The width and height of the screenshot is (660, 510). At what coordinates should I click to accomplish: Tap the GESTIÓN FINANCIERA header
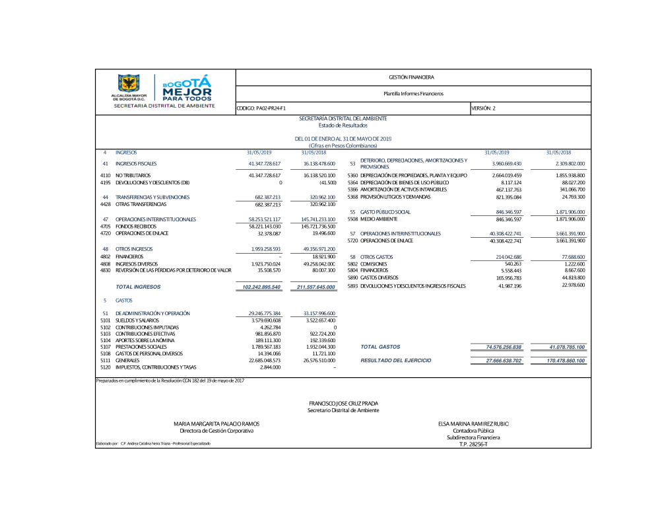tap(412, 78)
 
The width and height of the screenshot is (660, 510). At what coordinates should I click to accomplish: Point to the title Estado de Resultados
tap(343, 125)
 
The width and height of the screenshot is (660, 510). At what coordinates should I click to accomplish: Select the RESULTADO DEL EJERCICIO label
tap(396, 361)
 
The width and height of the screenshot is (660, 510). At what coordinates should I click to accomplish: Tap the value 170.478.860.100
tap(566, 361)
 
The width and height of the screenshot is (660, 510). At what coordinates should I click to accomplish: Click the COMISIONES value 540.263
tap(513, 264)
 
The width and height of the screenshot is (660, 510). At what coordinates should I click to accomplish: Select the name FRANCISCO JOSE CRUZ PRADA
tap(343, 403)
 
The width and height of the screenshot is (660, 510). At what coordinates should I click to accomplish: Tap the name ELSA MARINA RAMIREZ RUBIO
tap(473, 423)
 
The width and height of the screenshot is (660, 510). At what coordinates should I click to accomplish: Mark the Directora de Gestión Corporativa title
tap(211, 431)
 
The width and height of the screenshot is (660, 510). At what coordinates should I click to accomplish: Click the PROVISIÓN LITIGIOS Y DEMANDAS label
tap(395, 197)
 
